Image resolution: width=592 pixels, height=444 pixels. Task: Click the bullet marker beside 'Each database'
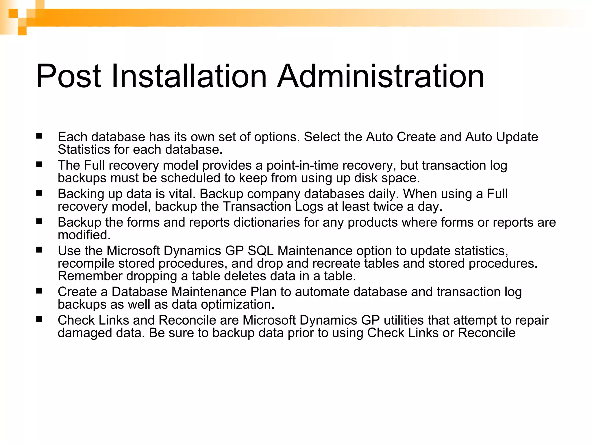(39, 136)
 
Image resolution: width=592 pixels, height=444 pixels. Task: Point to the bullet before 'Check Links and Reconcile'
(39, 319)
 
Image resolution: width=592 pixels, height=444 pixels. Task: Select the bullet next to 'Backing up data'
(39, 193)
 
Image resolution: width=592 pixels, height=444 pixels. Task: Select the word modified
(84, 235)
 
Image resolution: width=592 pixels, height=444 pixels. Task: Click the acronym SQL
(260, 251)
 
